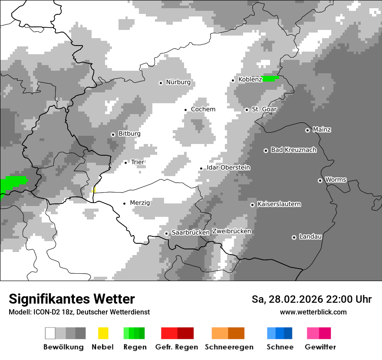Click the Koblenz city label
pyautogui.click(x=250, y=80)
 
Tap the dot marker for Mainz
pyautogui.click(x=307, y=130)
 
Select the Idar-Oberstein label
pyautogui.click(x=228, y=168)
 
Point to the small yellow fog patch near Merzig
pyautogui.click(x=94, y=190)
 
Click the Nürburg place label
pyautogui.click(x=178, y=82)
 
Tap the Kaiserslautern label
pyautogui.click(x=279, y=204)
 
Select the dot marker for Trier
pyautogui.click(x=126, y=163)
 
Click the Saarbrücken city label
pyautogui.click(x=191, y=233)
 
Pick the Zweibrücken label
pyautogui.click(x=232, y=232)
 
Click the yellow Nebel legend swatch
pyautogui.click(x=103, y=333)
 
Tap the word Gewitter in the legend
pyautogui.click(x=320, y=347)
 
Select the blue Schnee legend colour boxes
pyautogui.click(x=280, y=333)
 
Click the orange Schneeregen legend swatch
pyautogui.click(x=228, y=333)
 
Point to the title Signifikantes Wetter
pyautogui.click(x=72, y=299)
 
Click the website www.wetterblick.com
pyautogui.click(x=313, y=312)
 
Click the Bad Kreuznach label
pyautogui.click(x=293, y=150)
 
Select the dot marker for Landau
pyautogui.click(x=294, y=237)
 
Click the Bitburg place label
pyautogui.click(x=129, y=134)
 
